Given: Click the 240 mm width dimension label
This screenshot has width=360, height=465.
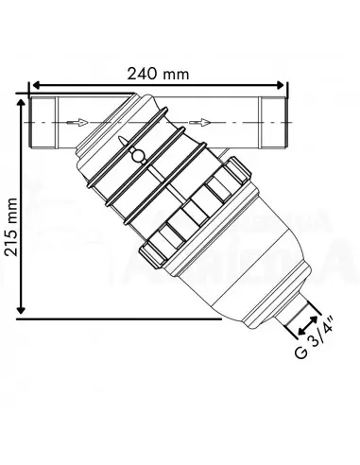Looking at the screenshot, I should (x=159, y=73).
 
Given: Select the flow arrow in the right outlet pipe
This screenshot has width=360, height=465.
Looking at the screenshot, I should (x=201, y=122).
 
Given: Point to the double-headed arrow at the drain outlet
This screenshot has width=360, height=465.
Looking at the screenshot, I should (x=309, y=325).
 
